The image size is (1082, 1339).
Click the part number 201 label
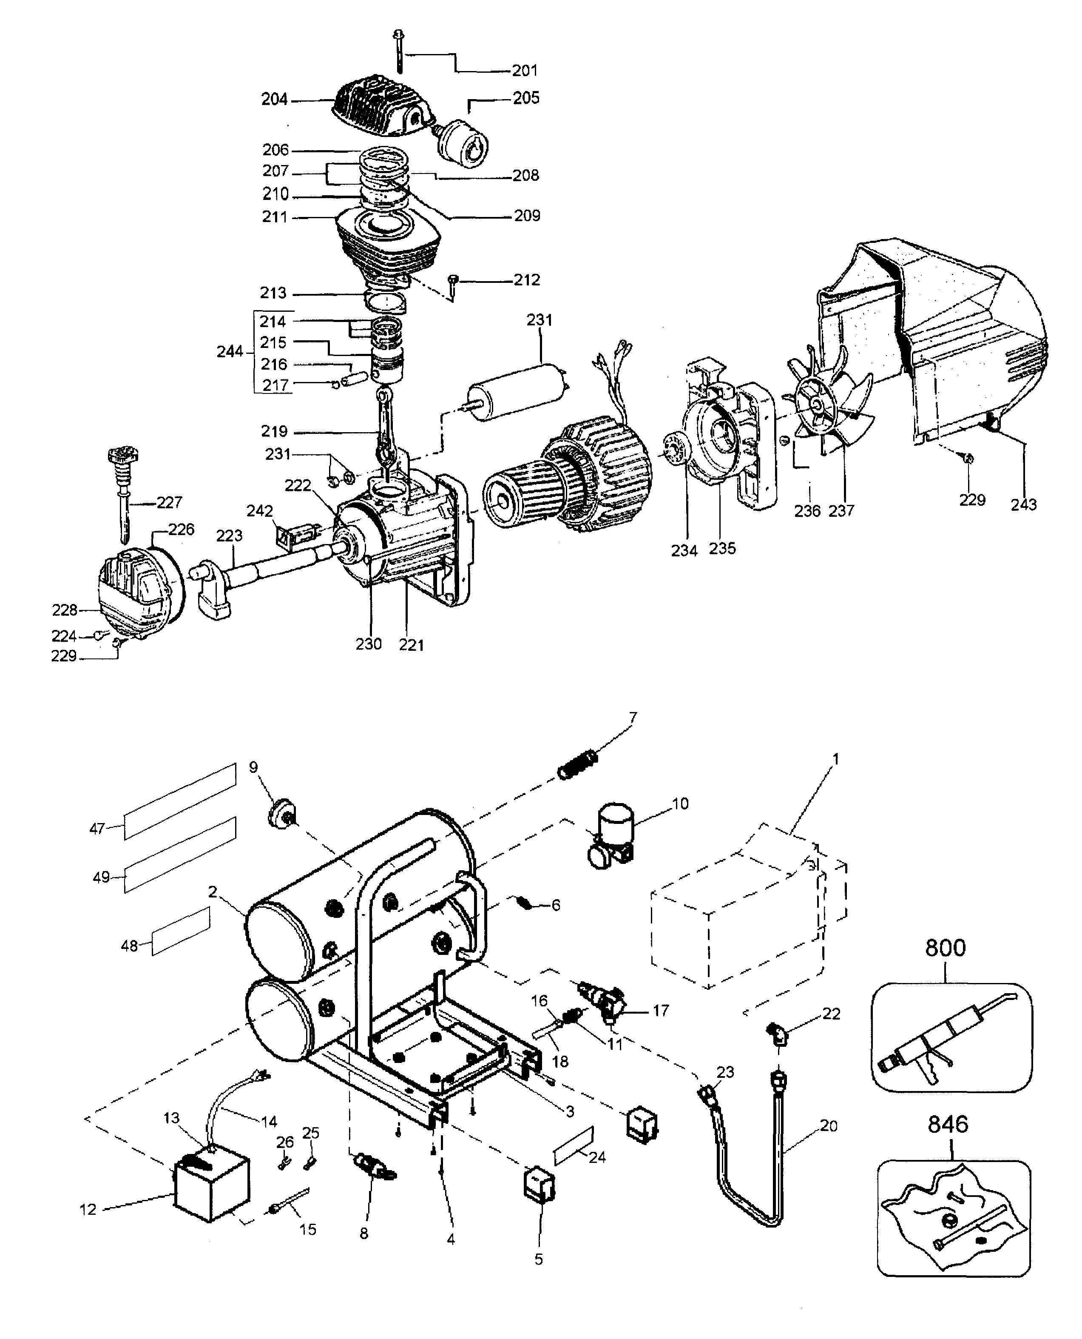(524, 71)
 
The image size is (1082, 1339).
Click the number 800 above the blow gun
(945, 949)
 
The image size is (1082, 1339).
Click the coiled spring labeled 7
(577, 766)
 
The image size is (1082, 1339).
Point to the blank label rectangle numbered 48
(181, 932)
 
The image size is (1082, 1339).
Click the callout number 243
(1023, 504)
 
